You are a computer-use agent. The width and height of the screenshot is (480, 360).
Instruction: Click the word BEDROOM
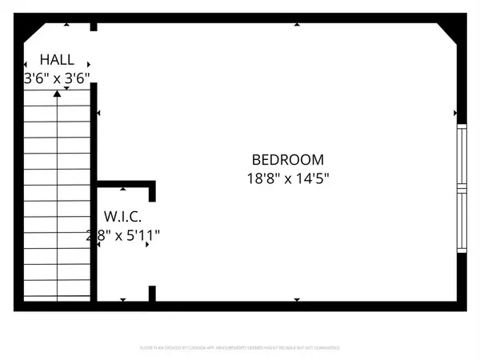[x=287, y=159]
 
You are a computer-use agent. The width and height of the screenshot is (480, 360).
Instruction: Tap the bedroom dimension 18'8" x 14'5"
[x=287, y=179]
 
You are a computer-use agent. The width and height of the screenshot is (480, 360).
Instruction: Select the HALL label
[x=58, y=59]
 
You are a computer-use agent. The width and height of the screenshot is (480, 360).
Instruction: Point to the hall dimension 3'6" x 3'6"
[x=56, y=78]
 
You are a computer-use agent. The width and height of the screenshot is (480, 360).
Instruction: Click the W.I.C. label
[x=122, y=216]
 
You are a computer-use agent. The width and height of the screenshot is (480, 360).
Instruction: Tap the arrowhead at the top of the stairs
[x=58, y=94]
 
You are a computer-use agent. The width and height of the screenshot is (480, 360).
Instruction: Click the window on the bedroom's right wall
[x=461, y=189]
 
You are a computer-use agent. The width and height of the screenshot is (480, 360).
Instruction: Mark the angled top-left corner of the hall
[x=32, y=34]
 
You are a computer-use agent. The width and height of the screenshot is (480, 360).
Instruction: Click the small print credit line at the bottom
[x=240, y=348]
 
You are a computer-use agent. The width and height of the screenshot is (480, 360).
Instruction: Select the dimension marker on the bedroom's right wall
[x=454, y=114]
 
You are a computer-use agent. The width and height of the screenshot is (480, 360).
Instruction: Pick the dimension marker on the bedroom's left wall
[x=99, y=114]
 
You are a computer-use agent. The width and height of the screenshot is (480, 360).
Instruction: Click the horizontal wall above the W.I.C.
[x=125, y=183]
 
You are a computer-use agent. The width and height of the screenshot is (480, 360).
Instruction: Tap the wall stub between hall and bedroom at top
[x=94, y=27]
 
